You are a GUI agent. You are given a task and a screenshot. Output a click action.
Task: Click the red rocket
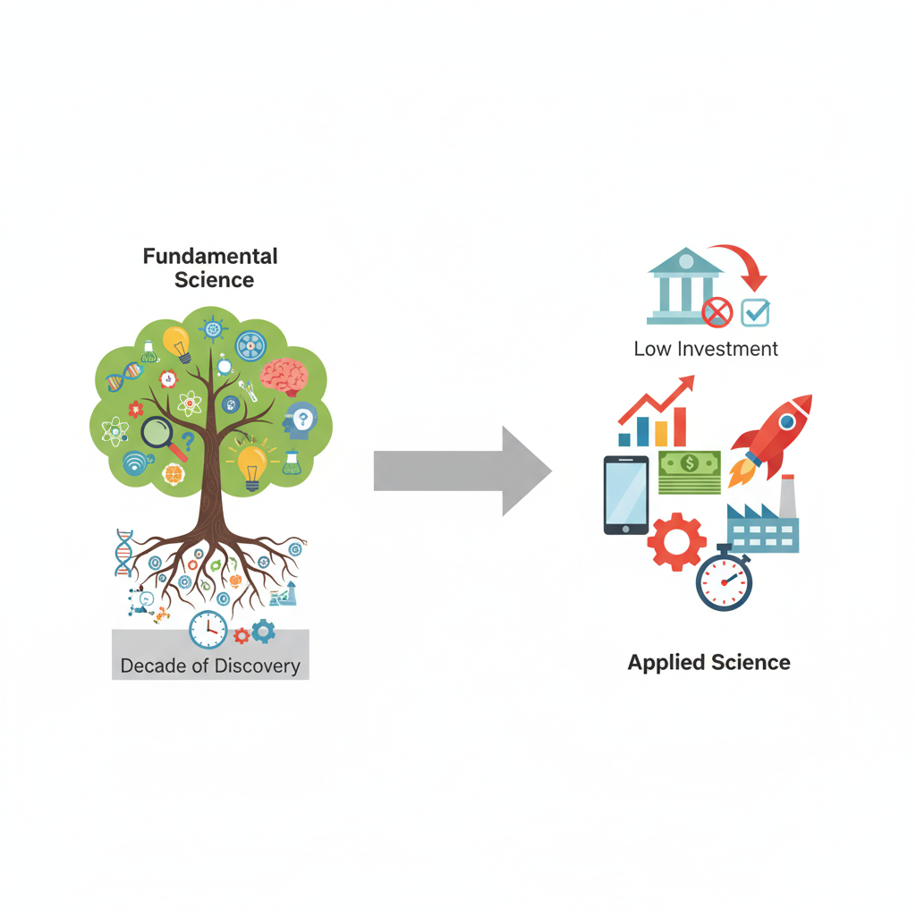(771, 437)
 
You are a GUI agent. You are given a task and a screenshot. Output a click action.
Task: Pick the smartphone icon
(626, 495)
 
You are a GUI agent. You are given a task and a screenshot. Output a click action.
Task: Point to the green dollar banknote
(690, 471)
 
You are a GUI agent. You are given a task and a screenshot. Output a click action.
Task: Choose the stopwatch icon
(724, 581)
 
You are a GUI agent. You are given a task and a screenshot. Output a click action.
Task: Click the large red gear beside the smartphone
(676, 541)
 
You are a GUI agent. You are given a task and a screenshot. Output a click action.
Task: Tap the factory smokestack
(788, 497)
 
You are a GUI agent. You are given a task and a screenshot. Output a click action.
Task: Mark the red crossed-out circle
(717, 312)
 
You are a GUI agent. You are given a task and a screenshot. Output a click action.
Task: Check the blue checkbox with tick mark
(756, 312)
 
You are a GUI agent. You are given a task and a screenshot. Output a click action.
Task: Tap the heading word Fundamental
(211, 257)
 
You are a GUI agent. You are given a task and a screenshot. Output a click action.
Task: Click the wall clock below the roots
(208, 630)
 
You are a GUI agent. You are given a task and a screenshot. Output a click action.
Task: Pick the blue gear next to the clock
(263, 632)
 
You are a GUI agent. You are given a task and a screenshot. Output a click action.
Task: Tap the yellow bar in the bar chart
(661, 434)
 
